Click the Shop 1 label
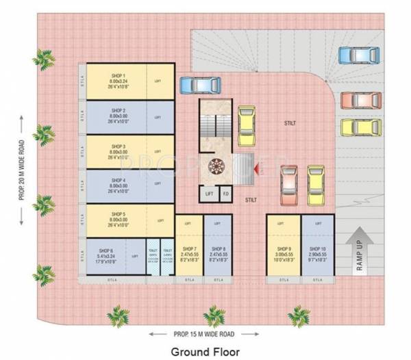119,70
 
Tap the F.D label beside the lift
224,194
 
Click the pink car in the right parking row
360,100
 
